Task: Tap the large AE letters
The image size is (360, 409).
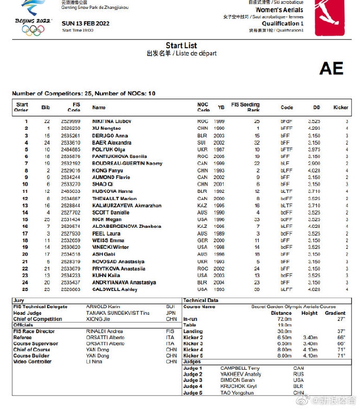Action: pyautogui.click(x=331, y=68)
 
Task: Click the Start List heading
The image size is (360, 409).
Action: pyautogui.click(x=181, y=45)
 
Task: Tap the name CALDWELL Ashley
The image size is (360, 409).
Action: pyautogui.click(x=114, y=289)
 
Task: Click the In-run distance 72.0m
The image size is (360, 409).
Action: pyautogui.click(x=284, y=319)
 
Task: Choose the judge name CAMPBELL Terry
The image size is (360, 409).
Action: pyautogui.click(x=240, y=368)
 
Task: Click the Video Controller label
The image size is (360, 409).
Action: pyautogui.click(x=32, y=361)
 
